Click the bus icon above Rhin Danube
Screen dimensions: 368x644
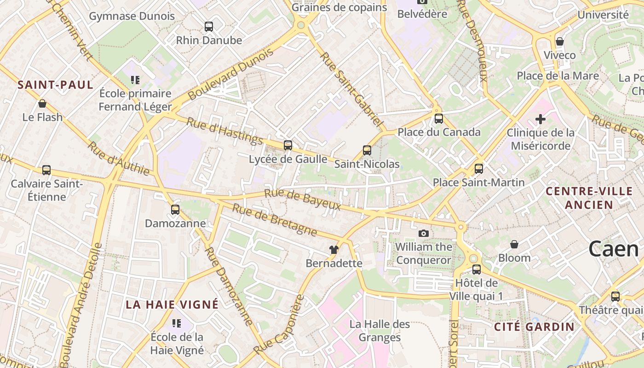click(209, 27)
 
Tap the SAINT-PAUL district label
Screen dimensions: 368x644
click(56, 85)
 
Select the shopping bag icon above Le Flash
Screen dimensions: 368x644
click(42, 103)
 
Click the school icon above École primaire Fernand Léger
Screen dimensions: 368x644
click(135, 80)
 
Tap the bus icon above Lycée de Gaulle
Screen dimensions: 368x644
click(288, 145)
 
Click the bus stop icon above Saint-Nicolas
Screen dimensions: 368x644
click(367, 150)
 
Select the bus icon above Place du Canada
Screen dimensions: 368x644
click(439, 119)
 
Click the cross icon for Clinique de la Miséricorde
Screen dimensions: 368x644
click(540, 120)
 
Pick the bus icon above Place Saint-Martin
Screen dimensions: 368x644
click(479, 169)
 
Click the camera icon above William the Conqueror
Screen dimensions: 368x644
click(424, 234)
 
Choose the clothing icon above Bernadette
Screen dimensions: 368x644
click(334, 250)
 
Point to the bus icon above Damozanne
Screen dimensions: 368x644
click(175, 210)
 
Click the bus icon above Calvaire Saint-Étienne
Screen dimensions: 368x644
click(46, 170)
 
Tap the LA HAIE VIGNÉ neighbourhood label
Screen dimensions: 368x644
click(172, 305)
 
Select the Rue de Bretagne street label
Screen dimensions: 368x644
click(275, 220)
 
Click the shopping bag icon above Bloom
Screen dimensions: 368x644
click(514, 244)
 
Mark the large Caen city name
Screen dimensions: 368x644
click(614, 249)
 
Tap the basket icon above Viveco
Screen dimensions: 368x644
click(560, 41)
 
